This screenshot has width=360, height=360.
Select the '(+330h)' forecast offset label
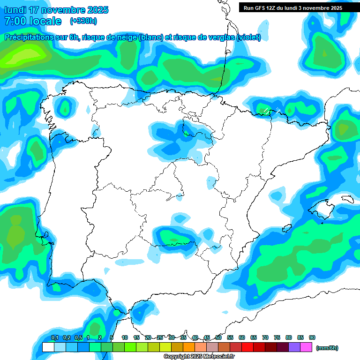pyautogui.click(x=83, y=21)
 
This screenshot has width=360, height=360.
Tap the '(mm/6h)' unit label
pyautogui.click(x=327, y=348)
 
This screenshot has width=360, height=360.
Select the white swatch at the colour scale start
pyautogui.click(x=48, y=347)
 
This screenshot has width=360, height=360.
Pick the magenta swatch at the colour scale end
pyautogui.click(x=306, y=347)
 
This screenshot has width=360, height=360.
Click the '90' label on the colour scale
pyautogui.click(x=312, y=337)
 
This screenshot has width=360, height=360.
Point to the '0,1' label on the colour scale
pyautogui.click(x=55, y=337)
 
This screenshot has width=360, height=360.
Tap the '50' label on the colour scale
pyautogui.click(x=218, y=337)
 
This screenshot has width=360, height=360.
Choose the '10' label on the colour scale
pyautogui.click(x=125, y=337)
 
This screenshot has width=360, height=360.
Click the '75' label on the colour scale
pyautogui.click(x=277, y=337)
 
